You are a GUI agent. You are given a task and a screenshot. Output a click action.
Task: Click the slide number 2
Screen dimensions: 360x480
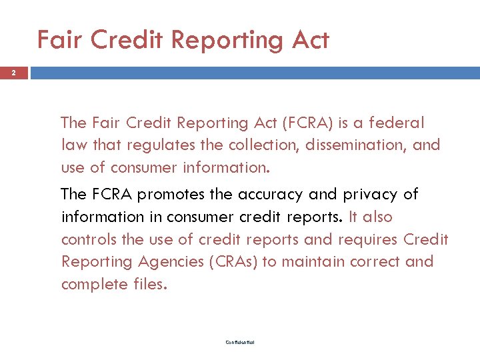pyautogui.click(x=14, y=73)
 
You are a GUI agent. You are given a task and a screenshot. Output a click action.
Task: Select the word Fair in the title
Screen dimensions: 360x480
pyautogui.click(x=60, y=40)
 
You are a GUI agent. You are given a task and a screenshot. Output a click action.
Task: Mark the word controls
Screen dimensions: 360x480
pyautogui.click(x=86, y=239)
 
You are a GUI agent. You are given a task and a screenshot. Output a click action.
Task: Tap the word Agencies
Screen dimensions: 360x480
pyautogui.click(x=166, y=261)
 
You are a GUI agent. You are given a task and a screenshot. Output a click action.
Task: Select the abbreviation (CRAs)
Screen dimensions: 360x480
pyautogui.click(x=233, y=261)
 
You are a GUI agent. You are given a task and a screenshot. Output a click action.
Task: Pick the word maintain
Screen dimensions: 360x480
pyautogui.click(x=311, y=261)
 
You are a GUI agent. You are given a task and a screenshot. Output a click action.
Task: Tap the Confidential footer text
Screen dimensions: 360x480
pyautogui.click(x=239, y=343)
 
